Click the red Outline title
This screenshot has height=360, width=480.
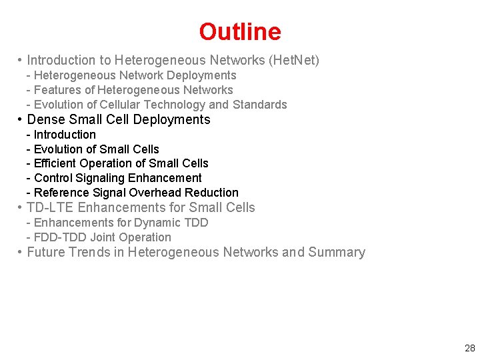point(240,31)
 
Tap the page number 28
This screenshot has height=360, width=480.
point(469,347)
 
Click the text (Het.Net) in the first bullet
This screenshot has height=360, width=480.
point(293,61)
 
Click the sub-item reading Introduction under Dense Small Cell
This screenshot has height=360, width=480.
point(65,135)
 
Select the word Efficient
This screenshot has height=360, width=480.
point(55,163)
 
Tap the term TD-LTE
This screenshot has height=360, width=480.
point(51,207)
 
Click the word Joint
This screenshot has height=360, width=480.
point(102,237)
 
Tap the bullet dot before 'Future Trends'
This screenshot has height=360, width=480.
point(21,252)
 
